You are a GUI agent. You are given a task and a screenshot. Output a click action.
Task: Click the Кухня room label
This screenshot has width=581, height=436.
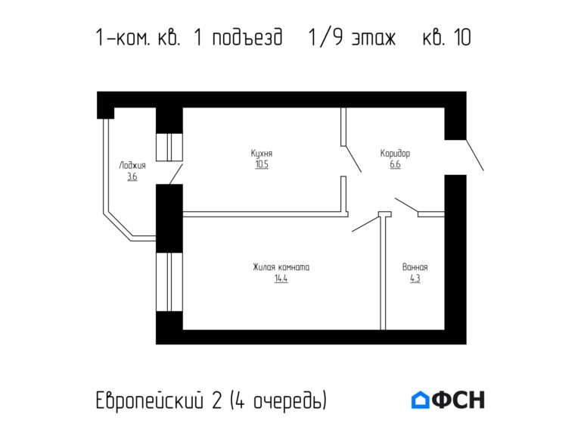262,154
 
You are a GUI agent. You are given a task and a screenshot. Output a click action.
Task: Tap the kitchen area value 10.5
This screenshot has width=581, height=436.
262,164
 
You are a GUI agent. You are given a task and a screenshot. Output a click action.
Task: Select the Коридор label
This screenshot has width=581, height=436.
395,154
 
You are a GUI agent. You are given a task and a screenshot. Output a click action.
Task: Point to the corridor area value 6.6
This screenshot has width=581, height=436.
395,164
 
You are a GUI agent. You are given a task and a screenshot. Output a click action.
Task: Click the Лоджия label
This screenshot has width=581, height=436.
132,166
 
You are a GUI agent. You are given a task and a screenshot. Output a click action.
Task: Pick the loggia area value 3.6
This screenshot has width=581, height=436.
132,177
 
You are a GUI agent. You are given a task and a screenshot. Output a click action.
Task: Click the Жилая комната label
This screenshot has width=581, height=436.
281,267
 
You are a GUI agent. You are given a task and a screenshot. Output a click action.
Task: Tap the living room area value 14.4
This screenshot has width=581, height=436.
281,279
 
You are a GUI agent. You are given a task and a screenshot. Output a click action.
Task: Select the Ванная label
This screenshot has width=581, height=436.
415,267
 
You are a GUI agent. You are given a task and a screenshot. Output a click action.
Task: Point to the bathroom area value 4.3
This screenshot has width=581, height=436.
415,279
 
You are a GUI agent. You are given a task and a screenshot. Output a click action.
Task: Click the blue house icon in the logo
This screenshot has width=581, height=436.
420,400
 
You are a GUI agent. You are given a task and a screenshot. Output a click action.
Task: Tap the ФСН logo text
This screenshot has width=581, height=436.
458,400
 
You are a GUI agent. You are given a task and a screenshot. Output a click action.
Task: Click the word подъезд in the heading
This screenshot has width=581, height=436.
247,37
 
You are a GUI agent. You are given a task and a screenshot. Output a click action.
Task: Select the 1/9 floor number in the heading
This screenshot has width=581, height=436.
326,37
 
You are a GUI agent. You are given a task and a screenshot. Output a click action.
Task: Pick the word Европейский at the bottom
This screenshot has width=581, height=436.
150,400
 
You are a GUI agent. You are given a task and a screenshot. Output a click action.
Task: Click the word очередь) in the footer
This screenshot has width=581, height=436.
290,401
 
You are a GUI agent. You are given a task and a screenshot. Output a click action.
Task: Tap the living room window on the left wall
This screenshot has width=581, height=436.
169,282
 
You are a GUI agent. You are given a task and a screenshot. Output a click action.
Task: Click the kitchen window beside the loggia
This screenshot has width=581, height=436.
169,147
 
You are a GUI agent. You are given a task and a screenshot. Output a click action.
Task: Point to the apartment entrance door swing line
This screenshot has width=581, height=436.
474,155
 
